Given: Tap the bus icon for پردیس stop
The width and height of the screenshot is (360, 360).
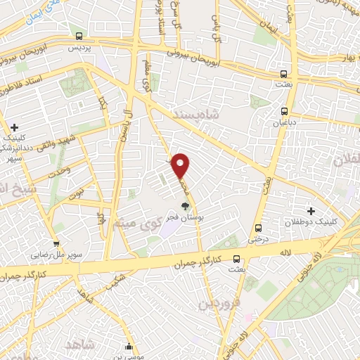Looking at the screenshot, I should coord(79,37).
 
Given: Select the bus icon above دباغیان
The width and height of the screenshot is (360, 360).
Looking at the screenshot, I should coord(285,110).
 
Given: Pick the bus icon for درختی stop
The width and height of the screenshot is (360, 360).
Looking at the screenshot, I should coord(258,227).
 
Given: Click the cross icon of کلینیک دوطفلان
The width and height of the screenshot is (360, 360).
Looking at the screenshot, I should coord(311,211).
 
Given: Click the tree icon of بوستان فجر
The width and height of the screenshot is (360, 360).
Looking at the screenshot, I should coord(185,206).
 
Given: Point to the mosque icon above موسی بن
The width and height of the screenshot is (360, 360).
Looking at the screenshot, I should coord(129,346).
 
